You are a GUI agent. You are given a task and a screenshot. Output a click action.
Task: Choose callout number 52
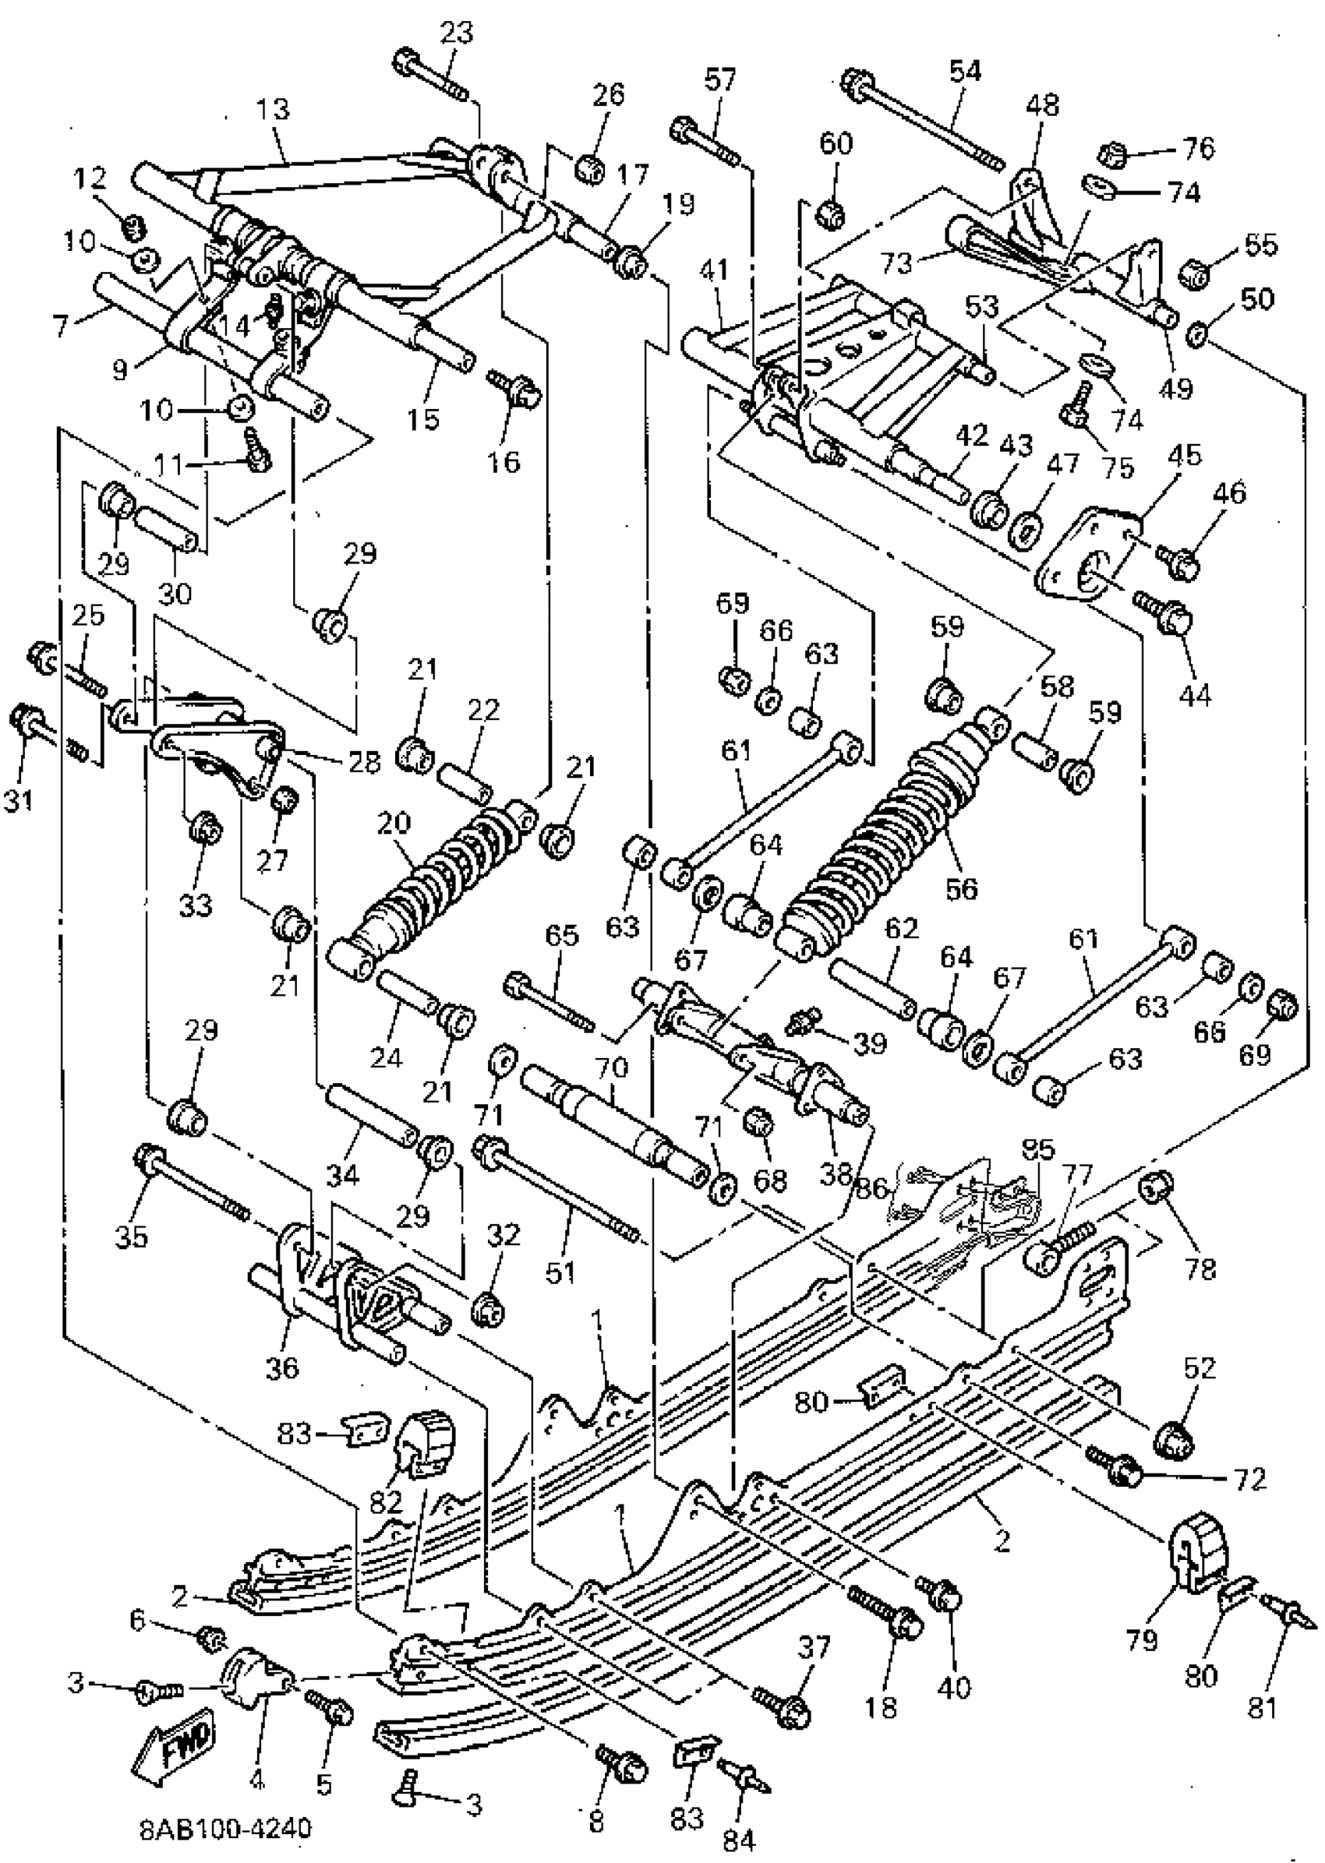pos(1200,1367)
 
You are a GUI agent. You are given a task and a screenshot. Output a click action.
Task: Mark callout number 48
pos(1042,104)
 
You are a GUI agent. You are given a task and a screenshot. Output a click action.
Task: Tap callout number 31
pos(19,800)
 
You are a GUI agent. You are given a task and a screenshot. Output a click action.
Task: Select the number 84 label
pos(738,1840)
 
